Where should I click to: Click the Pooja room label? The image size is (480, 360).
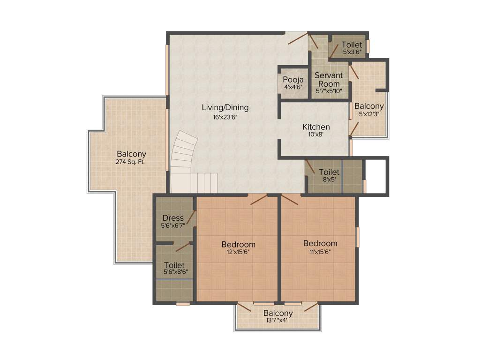(x=293, y=79)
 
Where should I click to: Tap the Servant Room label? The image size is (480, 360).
(x=328, y=79)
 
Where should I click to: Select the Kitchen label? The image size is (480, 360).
(x=316, y=127)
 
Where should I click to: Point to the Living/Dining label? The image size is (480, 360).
(x=225, y=107)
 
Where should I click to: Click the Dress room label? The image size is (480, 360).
(x=172, y=217)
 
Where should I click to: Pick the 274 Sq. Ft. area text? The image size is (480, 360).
(x=131, y=163)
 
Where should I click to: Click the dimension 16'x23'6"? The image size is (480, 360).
(x=225, y=117)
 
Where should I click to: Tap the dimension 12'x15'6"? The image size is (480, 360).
(x=238, y=252)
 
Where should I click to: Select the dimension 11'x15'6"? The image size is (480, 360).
(x=320, y=252)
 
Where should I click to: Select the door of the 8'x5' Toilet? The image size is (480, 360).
(x=310, y=167)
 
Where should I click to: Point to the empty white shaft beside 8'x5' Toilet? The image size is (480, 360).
(x=376, y=175)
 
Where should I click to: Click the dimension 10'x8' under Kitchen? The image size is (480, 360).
(x=316, y=135)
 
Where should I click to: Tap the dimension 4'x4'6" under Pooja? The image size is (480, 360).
(x=293, y=87)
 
